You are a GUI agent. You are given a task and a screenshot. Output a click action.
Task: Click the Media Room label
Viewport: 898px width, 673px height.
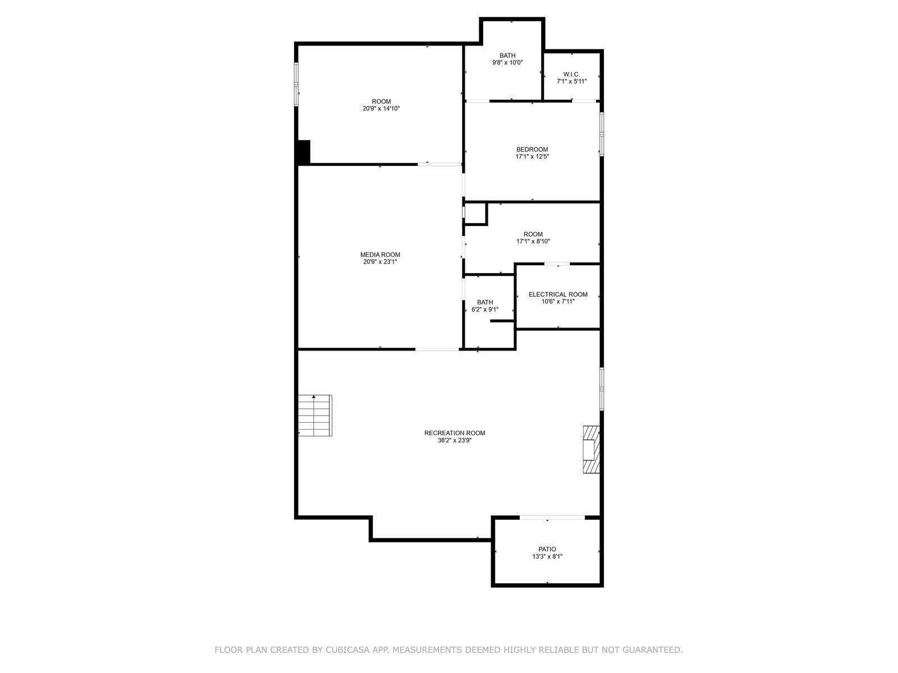[x=380, y=255]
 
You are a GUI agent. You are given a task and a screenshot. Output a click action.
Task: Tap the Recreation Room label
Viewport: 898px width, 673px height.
[x=455, y=433]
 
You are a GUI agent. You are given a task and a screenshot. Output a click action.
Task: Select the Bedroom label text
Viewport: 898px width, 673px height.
[x=532, y=150]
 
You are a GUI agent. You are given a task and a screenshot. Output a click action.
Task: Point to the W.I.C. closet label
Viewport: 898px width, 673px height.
[x=571, y=75]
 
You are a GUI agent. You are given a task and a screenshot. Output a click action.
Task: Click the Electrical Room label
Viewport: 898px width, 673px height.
[x=558, y=294]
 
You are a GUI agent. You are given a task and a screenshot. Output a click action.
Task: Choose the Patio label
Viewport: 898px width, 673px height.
[x=547, y=549]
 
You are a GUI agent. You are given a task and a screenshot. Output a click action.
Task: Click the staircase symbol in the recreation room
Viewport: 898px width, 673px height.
[x=315, y=415]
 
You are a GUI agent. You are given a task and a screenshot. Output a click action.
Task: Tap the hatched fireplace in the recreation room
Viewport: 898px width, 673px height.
[x=591, y=449]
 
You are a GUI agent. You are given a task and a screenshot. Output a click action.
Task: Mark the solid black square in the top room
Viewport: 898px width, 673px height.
[x=304, y=152]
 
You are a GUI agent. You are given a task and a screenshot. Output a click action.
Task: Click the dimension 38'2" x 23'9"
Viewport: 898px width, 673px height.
[x=455, y=440]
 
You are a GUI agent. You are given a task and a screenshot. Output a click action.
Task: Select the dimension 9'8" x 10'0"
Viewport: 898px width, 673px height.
[x=507, y=62]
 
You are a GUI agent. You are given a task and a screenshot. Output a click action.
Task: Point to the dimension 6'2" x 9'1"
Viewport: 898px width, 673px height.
[x=485, y=310]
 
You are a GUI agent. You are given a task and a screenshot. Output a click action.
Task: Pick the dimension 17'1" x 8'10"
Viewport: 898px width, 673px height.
[x=533, y=241]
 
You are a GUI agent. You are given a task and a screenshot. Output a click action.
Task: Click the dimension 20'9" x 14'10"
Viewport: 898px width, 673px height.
[x=381, y=109]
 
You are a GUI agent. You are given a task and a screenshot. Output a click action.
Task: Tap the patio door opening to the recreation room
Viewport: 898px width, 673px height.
[x=552, y=518]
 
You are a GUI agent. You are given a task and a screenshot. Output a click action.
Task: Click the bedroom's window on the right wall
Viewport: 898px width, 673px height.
[x=602, y=134]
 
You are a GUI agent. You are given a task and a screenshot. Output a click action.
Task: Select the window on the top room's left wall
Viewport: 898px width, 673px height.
[x=296, y=84]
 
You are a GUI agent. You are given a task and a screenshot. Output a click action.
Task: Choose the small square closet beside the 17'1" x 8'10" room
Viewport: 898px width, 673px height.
[x=475, y=213]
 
